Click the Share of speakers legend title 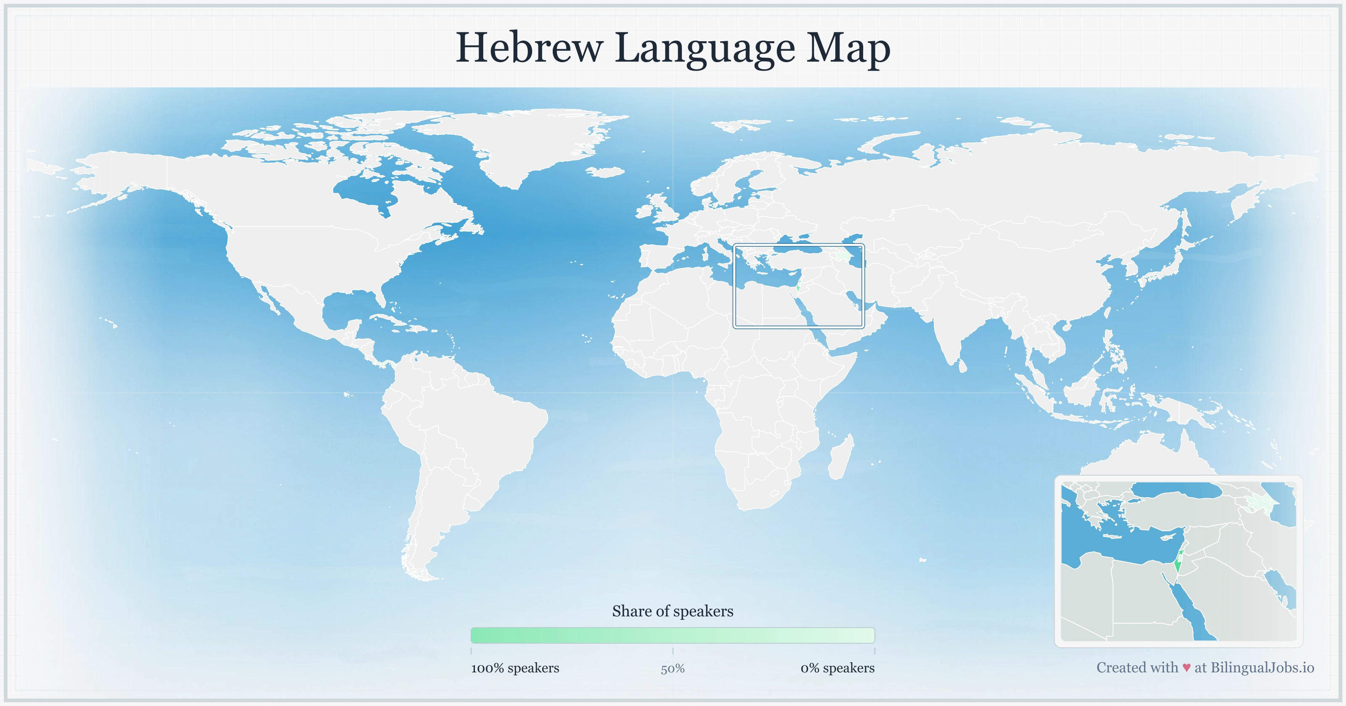(673, 611)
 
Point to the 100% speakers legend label (515, 668)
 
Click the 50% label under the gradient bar (673, 669)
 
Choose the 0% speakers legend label (837, 668)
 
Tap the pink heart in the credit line (1186, 668)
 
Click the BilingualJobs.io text (1262, 667)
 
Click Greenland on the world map (528, 141)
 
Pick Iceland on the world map (606, 172)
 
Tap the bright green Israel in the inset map (1177, 566)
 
